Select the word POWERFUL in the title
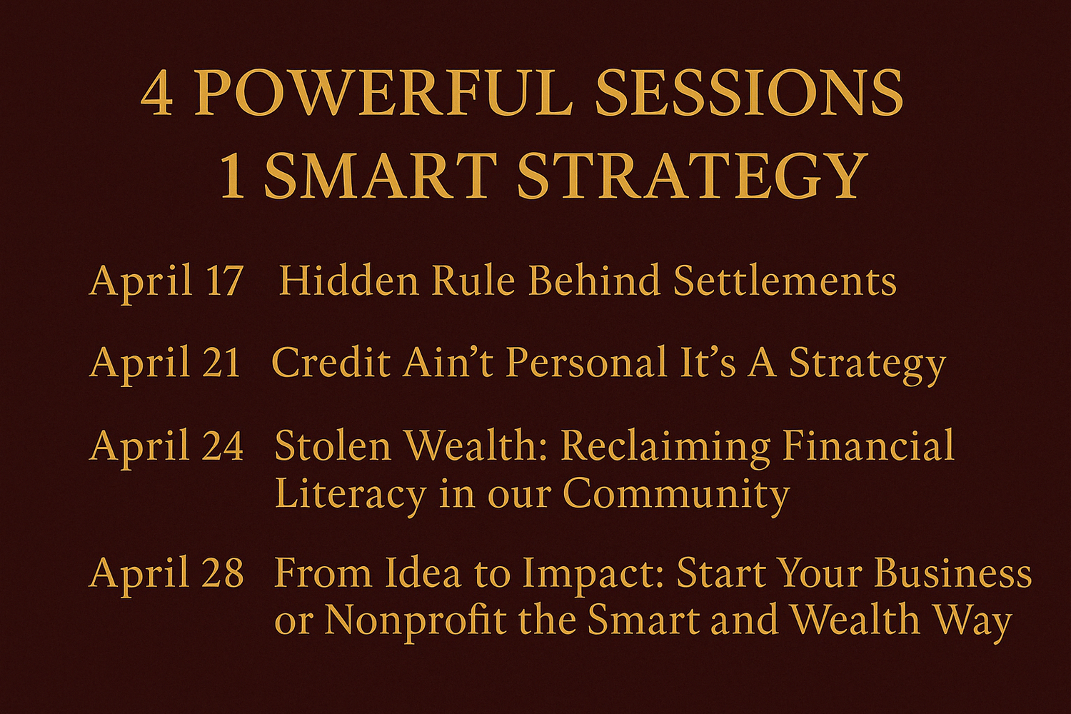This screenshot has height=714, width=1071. (x=383, y=94)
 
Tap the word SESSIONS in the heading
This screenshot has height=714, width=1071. (x=749, y=94)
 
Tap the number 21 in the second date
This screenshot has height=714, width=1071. (x=221, y=363)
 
